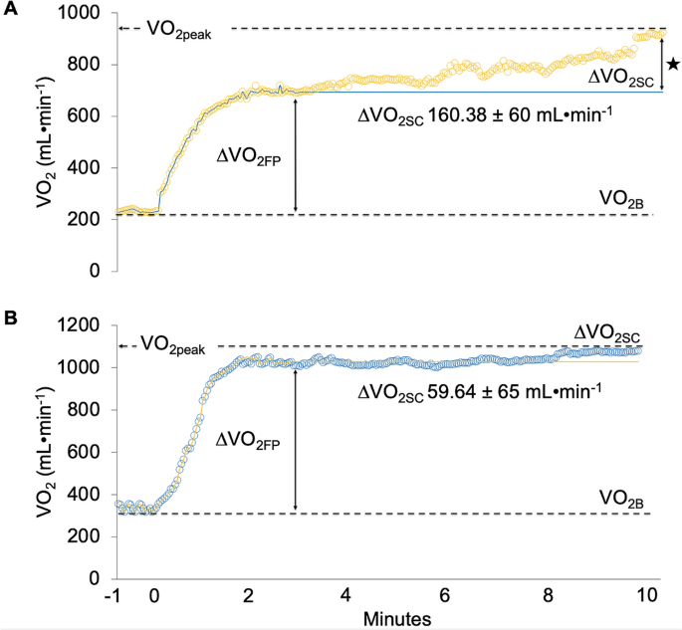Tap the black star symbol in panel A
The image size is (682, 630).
pyautogui.click(x=672, y=65)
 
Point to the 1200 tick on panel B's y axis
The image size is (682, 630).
pyautogui.click(x=81, y=325)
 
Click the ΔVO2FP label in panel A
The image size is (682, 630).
pyautogui.click(x=250, y=156)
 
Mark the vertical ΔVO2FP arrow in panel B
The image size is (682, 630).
pyautogui.click(x=296, y=438)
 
